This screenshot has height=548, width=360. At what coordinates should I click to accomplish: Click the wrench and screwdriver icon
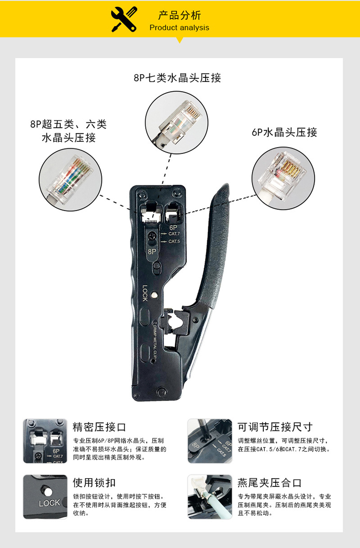pyautogui.click(x=124, y=19)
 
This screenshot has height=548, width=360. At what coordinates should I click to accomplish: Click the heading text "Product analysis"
pyautogui.click(x=179, y=28)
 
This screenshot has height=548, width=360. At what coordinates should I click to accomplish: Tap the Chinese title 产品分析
pyautogui.click(x=180, y=15)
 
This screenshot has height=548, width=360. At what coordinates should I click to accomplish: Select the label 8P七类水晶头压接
pyautogui.click(x=177, y=78)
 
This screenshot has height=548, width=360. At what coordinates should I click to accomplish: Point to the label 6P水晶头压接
pyautogui.click(x=284, y=133)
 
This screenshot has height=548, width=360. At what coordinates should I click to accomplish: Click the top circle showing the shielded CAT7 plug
pyautogui.click(x=176, y=123)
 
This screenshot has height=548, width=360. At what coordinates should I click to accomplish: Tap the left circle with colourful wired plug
pyautogui.click(x=71, y=179)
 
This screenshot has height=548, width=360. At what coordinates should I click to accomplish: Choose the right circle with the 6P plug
pyautogui.click(x=283, y=178)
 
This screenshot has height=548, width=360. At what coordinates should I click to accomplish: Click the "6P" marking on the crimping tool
pyautogui.click(x=173, y=228)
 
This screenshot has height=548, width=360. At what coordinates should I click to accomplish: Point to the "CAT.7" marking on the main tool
pyautogui.click(x=174, y=234)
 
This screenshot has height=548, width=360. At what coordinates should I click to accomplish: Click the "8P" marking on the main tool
pyautogui.click(x=152, y=251)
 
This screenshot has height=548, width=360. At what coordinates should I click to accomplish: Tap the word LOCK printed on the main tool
pyautogui.click(x=145, y=293)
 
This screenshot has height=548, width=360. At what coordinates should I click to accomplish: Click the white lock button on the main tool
pyautogui.click(x=154, y=295)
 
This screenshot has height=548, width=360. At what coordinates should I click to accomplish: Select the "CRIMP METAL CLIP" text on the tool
pyautogui.click(x=155, y=340)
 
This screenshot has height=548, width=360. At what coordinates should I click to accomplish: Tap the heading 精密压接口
pyautogui.click(x=99, y=427)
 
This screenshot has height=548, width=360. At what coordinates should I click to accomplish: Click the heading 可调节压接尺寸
pyautogui.click(x=275, y=427)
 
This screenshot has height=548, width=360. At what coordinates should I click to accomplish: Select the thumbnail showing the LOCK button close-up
pyautogui.click(x=45, y=497)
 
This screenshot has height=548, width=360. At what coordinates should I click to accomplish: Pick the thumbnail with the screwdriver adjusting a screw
pyautogui.click(x=210, y=441)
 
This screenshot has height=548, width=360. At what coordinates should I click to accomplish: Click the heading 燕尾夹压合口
pyautogui.click(x=269, y=483)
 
